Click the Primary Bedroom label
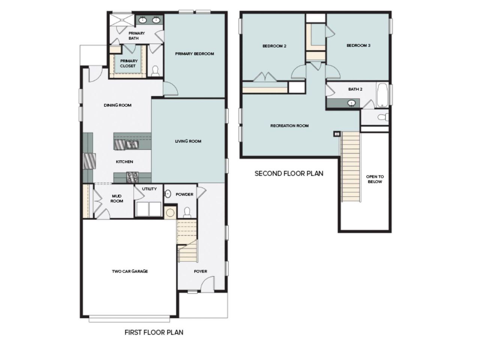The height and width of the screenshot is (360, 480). click(194, 54)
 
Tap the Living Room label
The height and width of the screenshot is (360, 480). click(188, 141)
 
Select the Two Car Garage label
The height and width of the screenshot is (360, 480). click(130, 271)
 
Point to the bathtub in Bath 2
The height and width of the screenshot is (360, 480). click(382, 95)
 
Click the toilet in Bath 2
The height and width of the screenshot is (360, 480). click(383, 117)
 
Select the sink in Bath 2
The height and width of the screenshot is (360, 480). click(351, 103)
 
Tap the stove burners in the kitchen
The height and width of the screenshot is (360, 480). click(132, 177)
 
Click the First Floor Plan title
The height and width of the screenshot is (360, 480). click(154, 332)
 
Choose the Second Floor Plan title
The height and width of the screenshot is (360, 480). click(289, 173)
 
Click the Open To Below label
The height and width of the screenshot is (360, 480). click(375, 179)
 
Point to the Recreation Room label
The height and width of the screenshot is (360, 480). click(289, 126)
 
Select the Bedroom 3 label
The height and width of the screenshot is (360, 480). click(358, 45)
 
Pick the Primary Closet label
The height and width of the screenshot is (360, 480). click(129, 63)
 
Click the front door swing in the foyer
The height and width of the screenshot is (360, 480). click(207, 284)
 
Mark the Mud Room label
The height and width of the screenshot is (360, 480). click(117, 198)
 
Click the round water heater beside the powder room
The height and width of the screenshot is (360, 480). click(170, 213)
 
